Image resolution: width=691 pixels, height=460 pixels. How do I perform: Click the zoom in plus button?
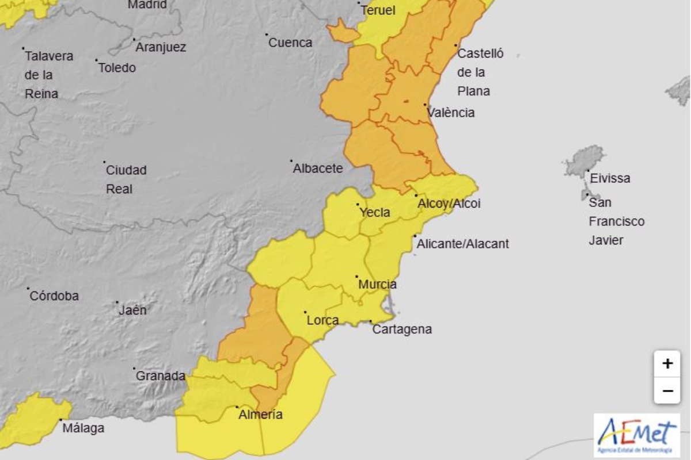point(667,363)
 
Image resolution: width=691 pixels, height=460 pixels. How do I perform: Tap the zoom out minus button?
point(667,391)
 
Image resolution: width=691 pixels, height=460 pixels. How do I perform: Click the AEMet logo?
point(637,435)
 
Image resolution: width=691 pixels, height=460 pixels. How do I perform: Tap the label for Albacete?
point(317,168)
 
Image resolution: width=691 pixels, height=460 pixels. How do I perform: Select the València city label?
point(451,113)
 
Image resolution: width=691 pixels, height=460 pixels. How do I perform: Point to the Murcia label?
point(377,284)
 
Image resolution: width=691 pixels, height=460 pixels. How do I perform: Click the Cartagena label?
point(402,329)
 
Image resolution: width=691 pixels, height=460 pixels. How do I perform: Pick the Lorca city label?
point(322,320)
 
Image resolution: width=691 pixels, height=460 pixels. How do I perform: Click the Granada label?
point(160,376)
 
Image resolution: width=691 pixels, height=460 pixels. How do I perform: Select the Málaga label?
point(84,428)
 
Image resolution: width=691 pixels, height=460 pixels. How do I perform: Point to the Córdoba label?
point(54,296)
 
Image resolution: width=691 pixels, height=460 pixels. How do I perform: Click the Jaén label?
point(132,310)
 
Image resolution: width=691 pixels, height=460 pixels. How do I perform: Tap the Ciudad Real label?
point(126,179)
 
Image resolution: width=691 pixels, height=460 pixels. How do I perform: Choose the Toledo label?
point(117,68)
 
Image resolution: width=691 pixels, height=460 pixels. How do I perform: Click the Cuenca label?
point(290,43)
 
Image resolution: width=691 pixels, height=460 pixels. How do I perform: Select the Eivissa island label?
point(609,178)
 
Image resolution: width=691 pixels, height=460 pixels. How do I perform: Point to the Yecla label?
point(375,212)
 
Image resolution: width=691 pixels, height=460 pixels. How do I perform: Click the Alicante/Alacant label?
point(462,244)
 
